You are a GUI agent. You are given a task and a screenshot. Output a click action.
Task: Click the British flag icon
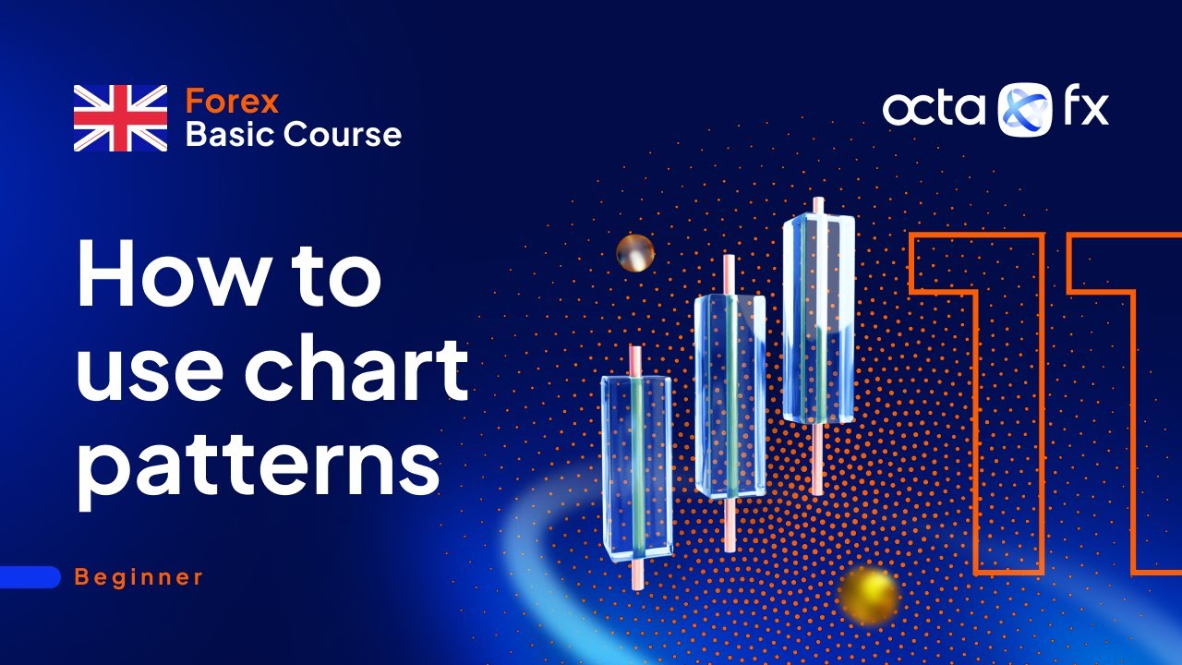pos(120,117)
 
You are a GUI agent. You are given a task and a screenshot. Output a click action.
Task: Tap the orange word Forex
pos(232,101)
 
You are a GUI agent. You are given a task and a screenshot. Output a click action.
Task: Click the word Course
pos(342,135)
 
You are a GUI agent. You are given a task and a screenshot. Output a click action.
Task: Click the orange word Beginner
pos(139,577)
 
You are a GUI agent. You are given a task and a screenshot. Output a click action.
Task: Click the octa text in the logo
pos(935,109)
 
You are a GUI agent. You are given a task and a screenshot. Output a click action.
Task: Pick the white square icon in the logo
pos(1025,109)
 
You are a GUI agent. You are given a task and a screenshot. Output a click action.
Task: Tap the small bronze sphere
pos(635,252)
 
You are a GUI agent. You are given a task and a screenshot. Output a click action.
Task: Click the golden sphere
pos(869,593)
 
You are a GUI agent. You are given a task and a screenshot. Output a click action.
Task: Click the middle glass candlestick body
pos(730,394)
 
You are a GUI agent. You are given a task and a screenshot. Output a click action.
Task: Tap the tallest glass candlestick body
pos(818,319)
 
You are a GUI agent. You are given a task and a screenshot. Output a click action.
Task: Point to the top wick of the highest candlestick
pos(818,206)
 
